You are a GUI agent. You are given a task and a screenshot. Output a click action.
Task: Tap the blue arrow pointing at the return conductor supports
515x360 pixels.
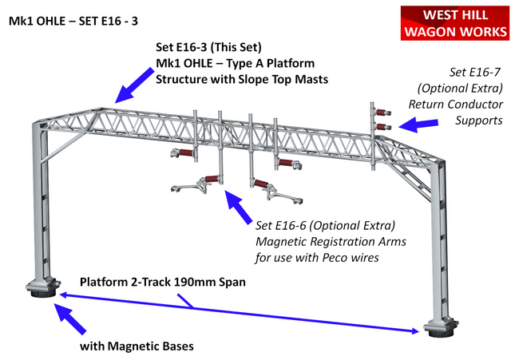click(418, 124)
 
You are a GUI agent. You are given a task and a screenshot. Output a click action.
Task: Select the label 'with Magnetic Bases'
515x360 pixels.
click(137, 346)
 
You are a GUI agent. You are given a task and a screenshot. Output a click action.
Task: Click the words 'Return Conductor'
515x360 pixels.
click(456, 104)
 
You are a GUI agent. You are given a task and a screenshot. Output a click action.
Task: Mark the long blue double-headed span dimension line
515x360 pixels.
click(240, 312)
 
